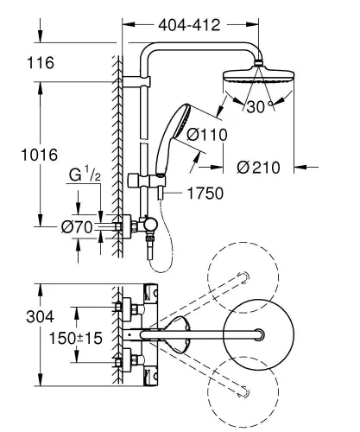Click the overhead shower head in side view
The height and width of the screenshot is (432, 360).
[257, 75]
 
